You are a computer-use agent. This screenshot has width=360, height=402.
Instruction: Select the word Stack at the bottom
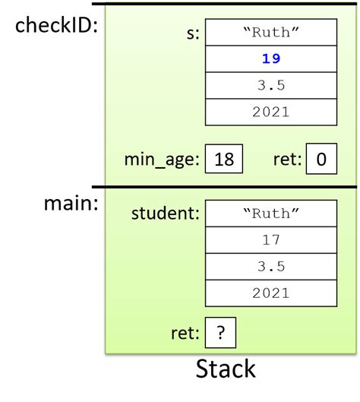(x=226, y=369)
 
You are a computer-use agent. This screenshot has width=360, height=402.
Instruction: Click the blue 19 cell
(x=270, y=58)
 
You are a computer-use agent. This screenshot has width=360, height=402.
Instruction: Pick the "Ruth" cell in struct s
(x=270, y=33)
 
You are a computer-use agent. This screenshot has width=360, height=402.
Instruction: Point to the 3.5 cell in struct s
(x=270, y=84)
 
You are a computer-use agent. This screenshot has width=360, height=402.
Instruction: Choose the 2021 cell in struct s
(x=270, y=111)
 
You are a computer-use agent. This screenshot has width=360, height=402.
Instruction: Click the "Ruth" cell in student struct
(x=270, y=213)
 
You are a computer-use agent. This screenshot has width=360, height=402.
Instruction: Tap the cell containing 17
(x=270, y=240)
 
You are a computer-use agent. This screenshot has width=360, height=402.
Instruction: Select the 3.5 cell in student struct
(x=270, y=267)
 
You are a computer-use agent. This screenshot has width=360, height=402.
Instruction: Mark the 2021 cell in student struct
(x=270, y=293)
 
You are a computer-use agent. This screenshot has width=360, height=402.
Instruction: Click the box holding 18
(x=224, y=159)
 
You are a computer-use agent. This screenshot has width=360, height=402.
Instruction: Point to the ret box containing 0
(x=321, y=159)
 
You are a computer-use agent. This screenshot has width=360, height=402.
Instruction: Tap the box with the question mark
(x=221, y=332)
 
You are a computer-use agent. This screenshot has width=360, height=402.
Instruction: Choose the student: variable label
(x=165, y=214)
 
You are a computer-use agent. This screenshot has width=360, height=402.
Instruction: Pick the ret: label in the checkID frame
(x=287, y=160)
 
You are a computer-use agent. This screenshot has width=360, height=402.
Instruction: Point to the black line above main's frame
(x=225, y=187)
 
